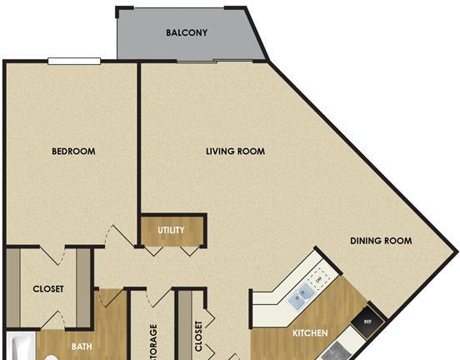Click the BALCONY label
point(187,32)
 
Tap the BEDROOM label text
point(73,151)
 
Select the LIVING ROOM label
point(235,151)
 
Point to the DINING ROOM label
point(381,241)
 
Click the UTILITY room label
point(171,230)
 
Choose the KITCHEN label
point(310,333)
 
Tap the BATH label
point(82,347)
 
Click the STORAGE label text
point(153,342)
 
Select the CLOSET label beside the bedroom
point(48,289)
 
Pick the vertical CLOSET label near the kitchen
point(198,336)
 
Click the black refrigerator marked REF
point(367,322)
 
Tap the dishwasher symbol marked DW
point(319,280)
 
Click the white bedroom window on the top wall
point(74,61)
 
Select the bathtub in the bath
point(21,346)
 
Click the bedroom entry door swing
point(120,235)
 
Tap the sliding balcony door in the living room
point(215,62)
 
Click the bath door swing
point(111,297)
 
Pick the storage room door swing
point(159,298)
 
